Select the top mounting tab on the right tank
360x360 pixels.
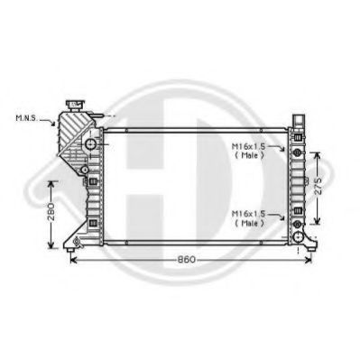click(299, 120)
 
